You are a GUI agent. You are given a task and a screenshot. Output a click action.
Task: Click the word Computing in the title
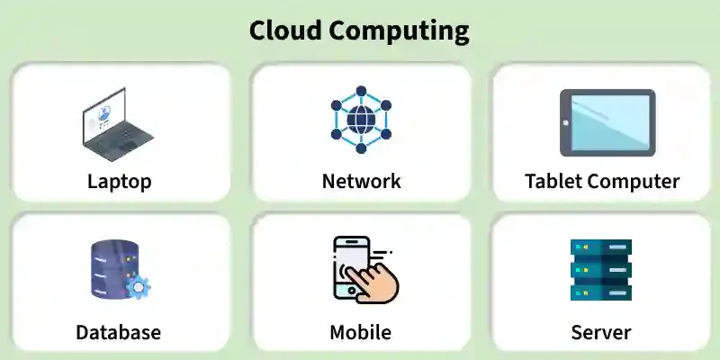click(400, 32)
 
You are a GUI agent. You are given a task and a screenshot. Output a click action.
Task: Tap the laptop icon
click(118, 124)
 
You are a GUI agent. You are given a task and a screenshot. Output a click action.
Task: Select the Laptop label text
click(120, 182)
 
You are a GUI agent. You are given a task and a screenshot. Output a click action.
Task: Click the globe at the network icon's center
click(361, 120)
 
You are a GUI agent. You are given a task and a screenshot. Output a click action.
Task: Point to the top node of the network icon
click(361, 91)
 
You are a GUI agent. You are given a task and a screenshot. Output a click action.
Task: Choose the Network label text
click(362, 181)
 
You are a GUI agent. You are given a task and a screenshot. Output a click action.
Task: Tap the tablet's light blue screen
click(610, 122)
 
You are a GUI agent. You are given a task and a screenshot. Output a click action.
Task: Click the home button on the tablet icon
click(565, 122)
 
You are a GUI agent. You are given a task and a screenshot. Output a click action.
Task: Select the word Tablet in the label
click(553, 181)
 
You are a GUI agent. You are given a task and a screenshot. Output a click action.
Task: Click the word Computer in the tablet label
click(633, 182)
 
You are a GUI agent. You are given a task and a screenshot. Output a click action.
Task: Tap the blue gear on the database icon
click(138, 287)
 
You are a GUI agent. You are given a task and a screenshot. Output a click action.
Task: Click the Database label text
click(119, 332)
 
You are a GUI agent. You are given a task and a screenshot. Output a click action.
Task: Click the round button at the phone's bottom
click(352, 291)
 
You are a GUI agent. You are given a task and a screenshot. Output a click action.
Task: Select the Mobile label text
click(361, 332)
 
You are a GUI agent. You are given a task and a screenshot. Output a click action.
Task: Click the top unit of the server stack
click(601, 247)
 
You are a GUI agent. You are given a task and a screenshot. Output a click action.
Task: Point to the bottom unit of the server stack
click(601, 292)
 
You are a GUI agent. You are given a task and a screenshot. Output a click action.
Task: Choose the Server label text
click(601, 332)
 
